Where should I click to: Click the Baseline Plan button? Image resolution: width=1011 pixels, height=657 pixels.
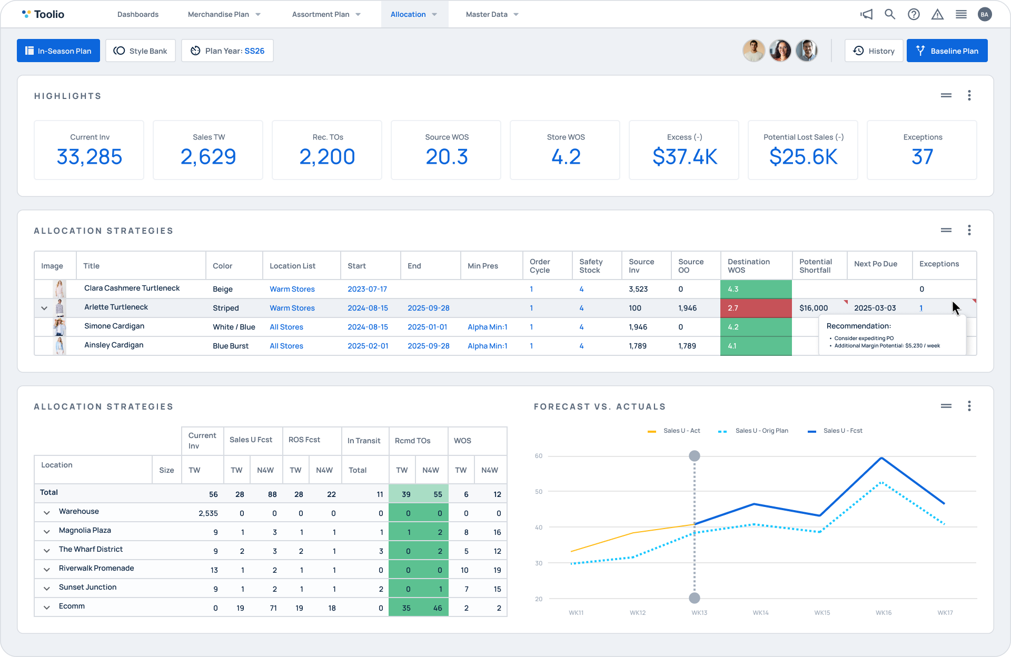pos(947,51)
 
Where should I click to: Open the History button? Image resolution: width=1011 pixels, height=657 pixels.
pos(874,51)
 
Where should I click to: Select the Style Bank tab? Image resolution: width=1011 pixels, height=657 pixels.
pos(141,51)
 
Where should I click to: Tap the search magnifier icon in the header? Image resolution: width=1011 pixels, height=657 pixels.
pos(889,14)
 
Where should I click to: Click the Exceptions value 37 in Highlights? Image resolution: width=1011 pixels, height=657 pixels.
pos(922,157)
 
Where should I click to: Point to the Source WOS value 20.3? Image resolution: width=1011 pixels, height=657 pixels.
pos(447,157)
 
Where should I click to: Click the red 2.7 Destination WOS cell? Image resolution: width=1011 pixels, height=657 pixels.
pos(756,308)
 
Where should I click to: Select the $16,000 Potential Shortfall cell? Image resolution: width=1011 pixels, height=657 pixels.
pos(814,308)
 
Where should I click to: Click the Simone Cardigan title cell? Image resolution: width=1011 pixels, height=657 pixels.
pos(114,326)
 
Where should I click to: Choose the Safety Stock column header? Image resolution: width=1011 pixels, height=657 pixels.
pos(591,266)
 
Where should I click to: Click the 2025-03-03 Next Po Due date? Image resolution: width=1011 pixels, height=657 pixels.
pos(875,308)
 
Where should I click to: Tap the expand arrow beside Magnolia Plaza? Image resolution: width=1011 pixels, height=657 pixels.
pos(47,532)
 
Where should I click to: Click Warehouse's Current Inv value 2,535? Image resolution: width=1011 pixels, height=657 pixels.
pos(208,513)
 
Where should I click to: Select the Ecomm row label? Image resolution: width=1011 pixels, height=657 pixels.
pos(72,606)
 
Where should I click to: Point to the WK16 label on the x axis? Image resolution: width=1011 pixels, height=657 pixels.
pos(883,613)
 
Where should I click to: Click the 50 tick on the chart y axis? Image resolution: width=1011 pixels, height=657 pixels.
pos(539,492)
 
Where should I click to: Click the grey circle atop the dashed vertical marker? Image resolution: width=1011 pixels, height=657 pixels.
pos(695,456)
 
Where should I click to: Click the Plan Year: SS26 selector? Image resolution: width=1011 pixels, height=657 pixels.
pos(227,51)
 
